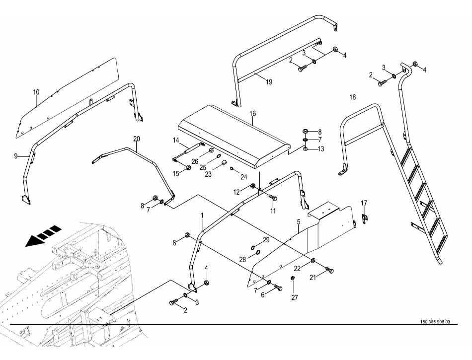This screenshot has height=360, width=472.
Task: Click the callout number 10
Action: click(x=36, y=92)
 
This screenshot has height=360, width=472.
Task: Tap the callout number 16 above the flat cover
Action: click(x=252, y=114)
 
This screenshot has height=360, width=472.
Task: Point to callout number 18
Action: click(x=352, y=97)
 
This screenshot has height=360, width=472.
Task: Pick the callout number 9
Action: click(x=15, y=156)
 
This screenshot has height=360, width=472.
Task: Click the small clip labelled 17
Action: click(x=364, y=217)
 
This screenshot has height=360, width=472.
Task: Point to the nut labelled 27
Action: click(x=293, y=277)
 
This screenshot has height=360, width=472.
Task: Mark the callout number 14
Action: click(x=176, y=141)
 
